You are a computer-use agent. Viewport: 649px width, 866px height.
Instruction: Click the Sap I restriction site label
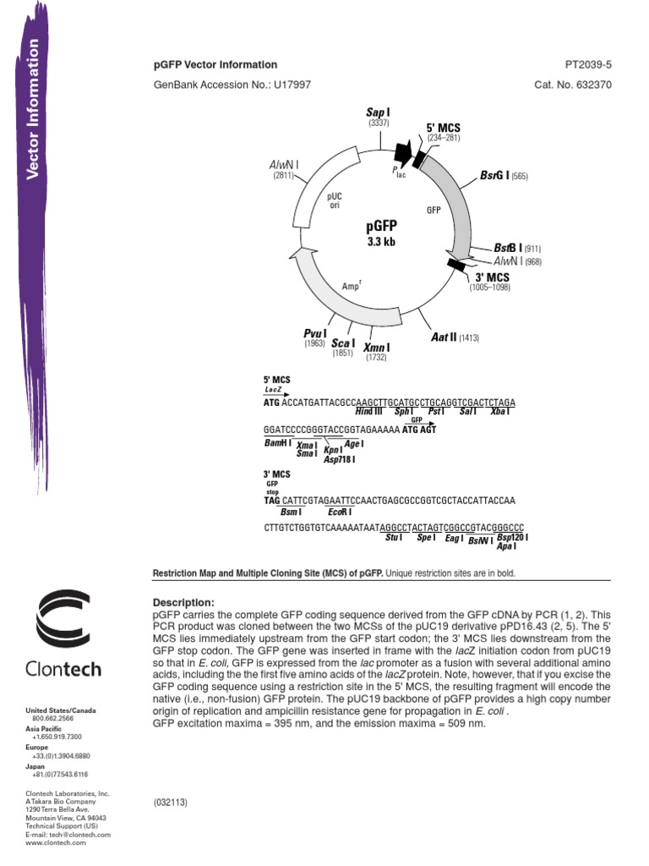point(378,112)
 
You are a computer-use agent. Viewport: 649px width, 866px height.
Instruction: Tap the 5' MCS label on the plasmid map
point(443,128)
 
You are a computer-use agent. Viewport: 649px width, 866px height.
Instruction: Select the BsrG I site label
point(495,176)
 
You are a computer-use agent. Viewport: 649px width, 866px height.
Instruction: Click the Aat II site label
point(444,337)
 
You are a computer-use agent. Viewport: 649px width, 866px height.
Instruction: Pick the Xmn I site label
point(376,348)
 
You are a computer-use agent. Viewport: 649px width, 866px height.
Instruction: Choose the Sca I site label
point(342,343)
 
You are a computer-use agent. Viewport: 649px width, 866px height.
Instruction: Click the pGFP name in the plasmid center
point(381,227)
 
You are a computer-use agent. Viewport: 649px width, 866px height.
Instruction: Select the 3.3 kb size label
point(381,242)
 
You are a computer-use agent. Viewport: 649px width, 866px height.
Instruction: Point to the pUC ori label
point(334,200)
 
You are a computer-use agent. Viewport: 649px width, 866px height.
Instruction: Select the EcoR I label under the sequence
point(339,512)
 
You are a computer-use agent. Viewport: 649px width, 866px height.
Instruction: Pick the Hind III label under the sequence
point(369,411)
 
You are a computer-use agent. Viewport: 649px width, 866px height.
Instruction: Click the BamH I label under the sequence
point(277,442)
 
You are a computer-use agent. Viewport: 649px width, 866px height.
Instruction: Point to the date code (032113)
point(172,800)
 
